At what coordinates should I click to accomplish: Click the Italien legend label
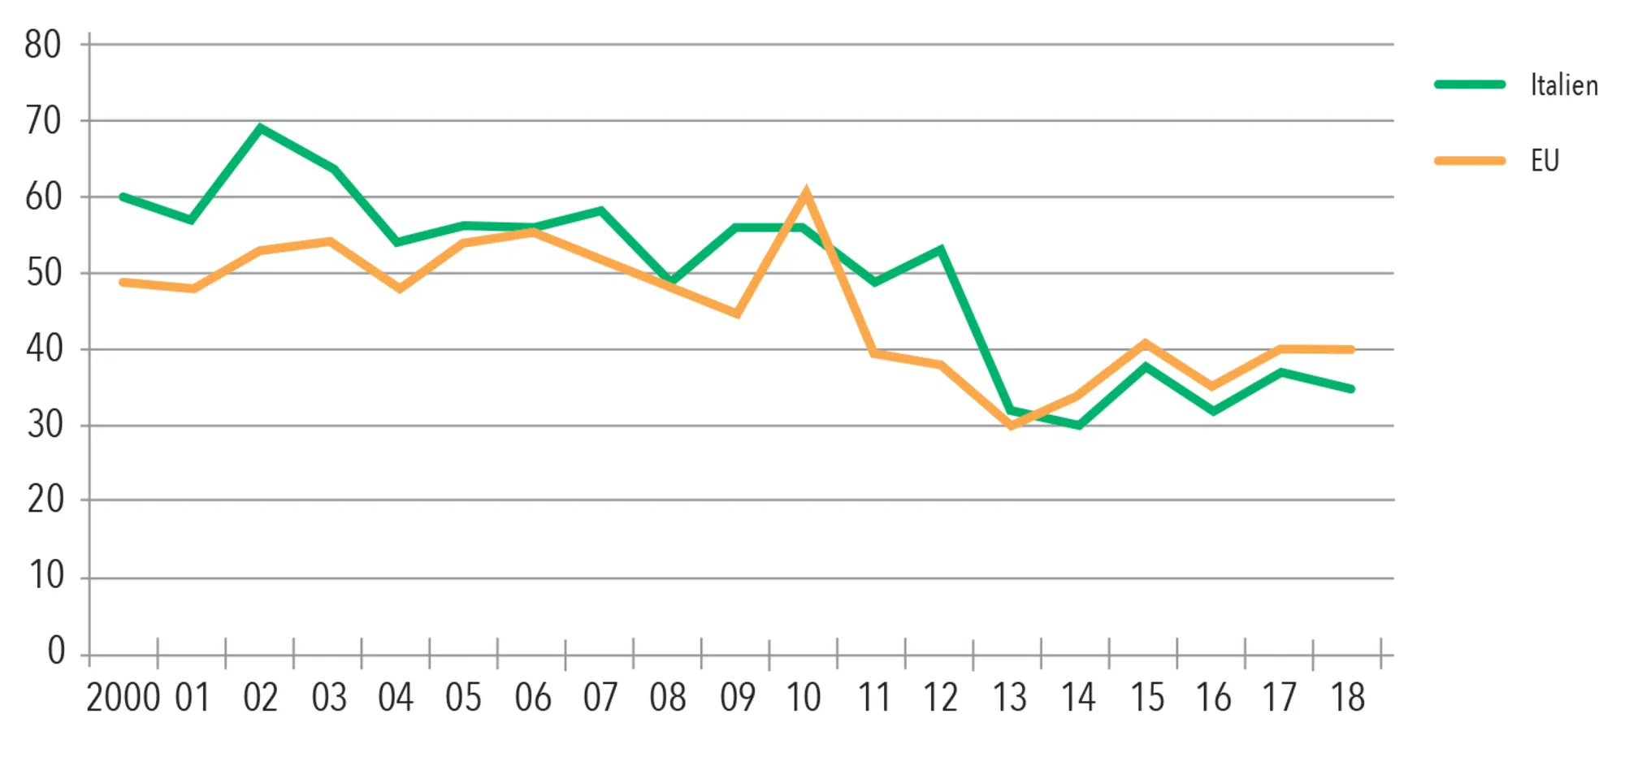click(x=1564, y=85)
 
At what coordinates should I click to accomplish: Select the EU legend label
click(x=1545, y=161)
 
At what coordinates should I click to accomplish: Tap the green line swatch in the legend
click(x=1470, y=84)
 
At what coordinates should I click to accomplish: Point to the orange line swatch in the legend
click(x=1470, y=161)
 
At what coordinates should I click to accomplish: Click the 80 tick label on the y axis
click(x=43, y=45)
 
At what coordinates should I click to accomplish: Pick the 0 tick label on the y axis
click(x=56, y=651)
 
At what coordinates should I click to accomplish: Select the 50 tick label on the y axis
click(x=44, y=273)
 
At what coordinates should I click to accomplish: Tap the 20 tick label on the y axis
click(x=45, y=500)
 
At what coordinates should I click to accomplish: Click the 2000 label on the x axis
click(x=123, y=698)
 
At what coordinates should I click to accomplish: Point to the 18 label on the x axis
click(x=1347, y=698)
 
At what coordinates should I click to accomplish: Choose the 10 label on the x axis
click(x=804, y=698)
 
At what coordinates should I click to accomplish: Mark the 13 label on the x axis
click(x=1009, y=698)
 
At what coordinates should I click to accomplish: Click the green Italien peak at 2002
click(x=260, y=128)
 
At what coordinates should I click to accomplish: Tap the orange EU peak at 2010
click(x=805, y=192)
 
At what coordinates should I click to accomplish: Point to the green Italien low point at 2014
click(x=1079, y=425)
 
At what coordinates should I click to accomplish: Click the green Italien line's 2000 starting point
click(x=123, y=197)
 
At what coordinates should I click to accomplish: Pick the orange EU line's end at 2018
click(x=1351, y=349)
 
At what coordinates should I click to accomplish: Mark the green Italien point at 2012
click(x=941, y=249)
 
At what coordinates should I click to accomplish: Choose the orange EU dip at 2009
click(x=736, y=314)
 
